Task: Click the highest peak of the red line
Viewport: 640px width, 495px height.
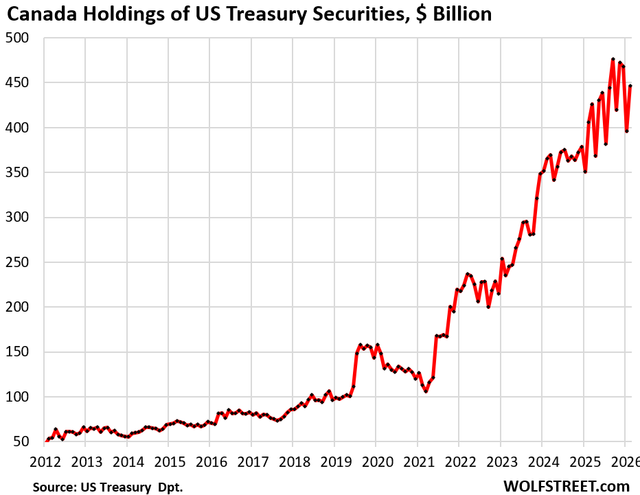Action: point(613,60)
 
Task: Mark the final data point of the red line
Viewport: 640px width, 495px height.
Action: point(630,87)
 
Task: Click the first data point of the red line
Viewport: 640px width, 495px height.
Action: point(47,440)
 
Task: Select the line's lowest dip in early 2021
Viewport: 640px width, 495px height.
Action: point(426,391)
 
